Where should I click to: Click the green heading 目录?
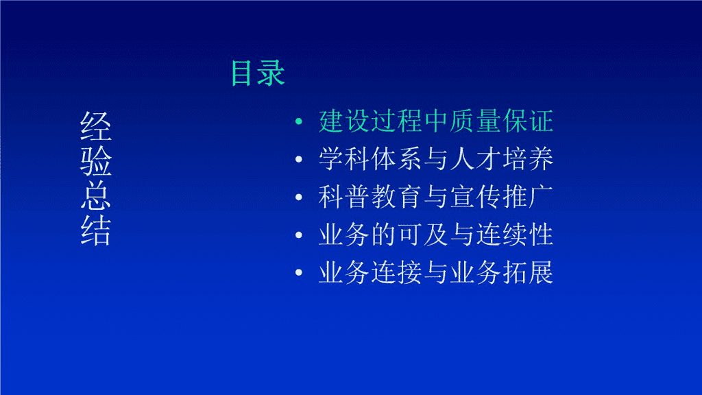point(258,73)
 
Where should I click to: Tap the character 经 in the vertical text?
point(96,126)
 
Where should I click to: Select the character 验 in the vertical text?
point(96,160)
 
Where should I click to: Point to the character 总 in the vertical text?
point(96,195)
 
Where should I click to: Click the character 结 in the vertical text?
point(96,230)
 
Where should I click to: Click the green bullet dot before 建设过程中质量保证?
point(299,121)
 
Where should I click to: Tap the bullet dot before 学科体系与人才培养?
point(299,159)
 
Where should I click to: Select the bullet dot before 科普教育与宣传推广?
point(299,197)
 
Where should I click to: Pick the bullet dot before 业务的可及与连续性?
point(299,235)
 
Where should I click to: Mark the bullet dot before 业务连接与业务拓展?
point(299,272)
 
